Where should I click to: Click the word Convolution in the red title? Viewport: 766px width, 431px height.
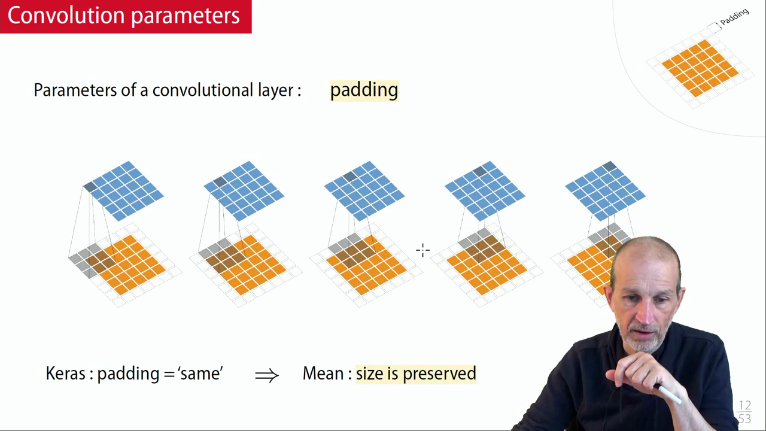[66, 16]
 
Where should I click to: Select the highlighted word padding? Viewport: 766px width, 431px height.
[364, 91]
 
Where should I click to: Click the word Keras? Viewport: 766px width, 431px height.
[66, 373]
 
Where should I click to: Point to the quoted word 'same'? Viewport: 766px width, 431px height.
[200, 373]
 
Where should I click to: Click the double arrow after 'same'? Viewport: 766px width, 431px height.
[267, 375]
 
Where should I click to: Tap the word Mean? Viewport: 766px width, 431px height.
[324, 373]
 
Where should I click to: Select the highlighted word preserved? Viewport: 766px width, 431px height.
[439, 374]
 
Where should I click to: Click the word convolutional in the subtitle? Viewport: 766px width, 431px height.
[203, 90]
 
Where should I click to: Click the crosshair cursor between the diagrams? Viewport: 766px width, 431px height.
[423, 250]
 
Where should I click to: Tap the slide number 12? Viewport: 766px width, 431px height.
[745, 406]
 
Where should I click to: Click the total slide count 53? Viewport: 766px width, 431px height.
[745, 418]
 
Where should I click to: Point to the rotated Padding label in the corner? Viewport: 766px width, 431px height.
[734, 17]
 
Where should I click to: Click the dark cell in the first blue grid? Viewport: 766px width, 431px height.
[90, 187]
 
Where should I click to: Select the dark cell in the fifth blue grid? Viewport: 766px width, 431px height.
[609, 166]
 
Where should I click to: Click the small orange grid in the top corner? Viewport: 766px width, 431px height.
[700, 68]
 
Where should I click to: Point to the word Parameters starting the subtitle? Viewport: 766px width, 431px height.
[75, 90]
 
